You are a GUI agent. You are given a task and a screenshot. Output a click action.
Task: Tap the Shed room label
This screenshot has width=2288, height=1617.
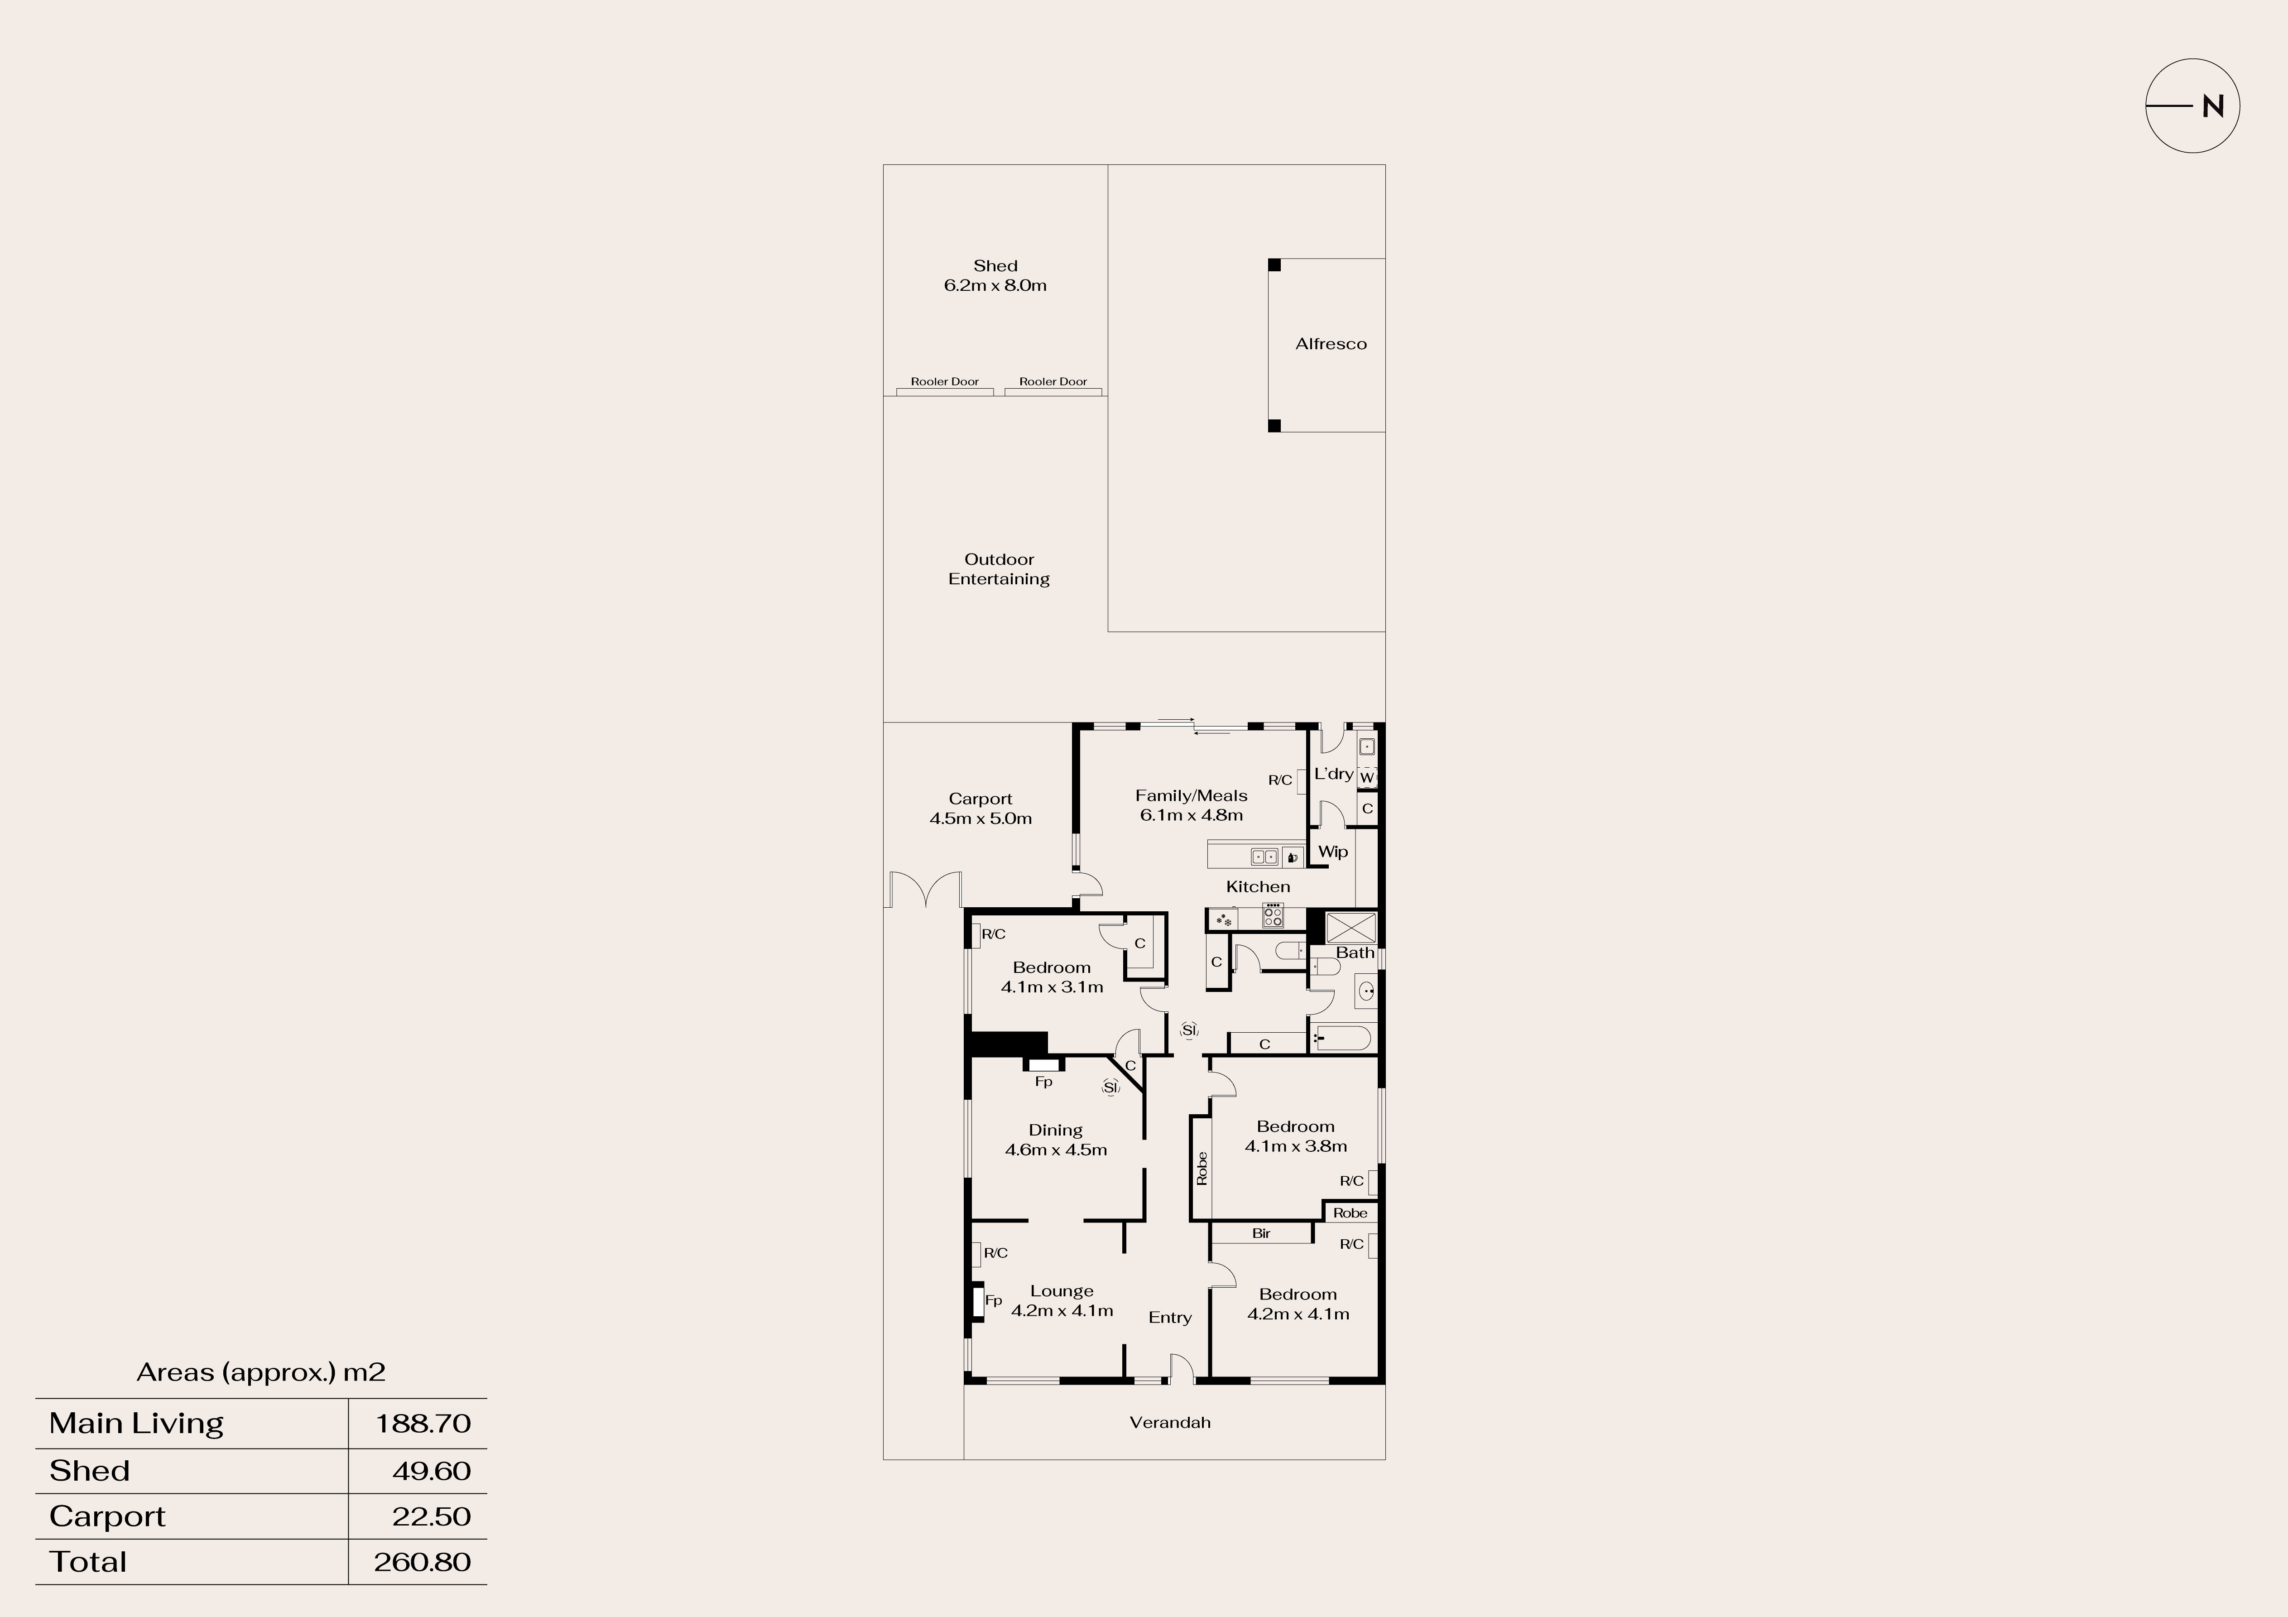tap(995, 275)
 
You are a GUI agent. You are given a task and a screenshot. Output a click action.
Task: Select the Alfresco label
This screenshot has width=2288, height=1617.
tap(1330, 344)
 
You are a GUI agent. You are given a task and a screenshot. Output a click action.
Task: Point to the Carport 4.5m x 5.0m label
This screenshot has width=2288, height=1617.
tap(981, 808)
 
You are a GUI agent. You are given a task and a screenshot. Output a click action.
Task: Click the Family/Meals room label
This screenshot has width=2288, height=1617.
tap(1191, 804)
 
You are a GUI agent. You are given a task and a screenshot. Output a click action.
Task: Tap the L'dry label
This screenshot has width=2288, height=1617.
tap(1333, 774)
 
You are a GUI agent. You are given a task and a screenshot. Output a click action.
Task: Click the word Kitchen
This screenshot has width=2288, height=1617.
tap(1258, 886)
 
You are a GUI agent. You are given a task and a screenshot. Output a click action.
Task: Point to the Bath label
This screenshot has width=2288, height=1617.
tap(1355, 952)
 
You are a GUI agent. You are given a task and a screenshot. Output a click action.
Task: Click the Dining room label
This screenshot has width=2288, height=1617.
tap(1055, 1140)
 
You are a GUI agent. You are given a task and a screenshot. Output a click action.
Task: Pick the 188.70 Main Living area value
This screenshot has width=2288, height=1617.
tap(423, 1424)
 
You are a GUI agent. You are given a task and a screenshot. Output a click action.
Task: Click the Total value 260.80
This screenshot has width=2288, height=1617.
tap(423, 1562)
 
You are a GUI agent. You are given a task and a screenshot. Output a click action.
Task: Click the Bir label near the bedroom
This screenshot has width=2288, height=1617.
tap(1262, 1233)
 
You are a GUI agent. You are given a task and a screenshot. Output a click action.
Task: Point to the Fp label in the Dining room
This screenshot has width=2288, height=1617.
tap(1043, 1082)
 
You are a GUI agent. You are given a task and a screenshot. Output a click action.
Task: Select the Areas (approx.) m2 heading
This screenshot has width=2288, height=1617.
tap(261, 1373)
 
